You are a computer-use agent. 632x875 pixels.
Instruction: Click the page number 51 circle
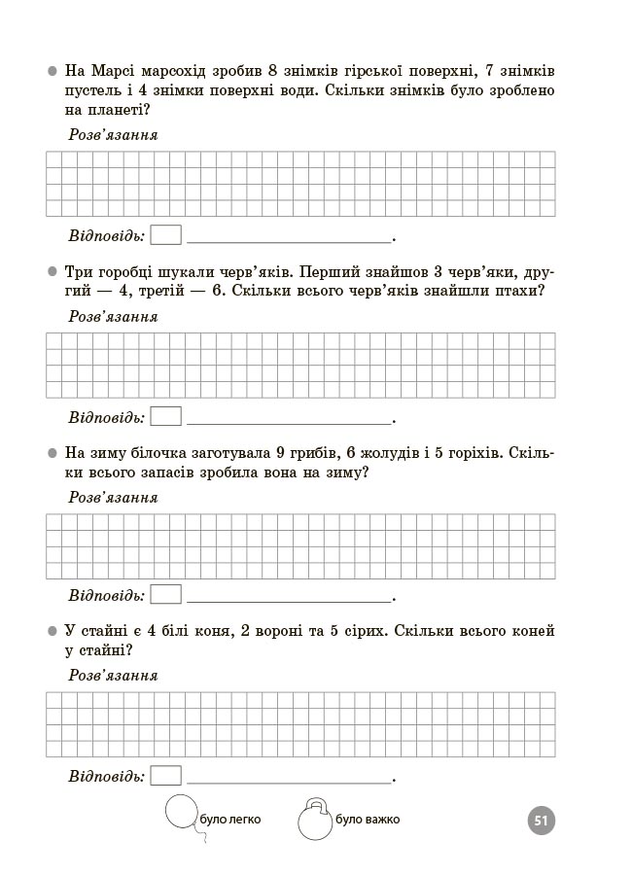pyautogui.click(x=542, y=821)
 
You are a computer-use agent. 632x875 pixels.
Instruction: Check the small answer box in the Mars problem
pyautogui.click(x=166, y=235)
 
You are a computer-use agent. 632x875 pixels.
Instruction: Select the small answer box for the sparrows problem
pyautogui.click(x=166, y=416)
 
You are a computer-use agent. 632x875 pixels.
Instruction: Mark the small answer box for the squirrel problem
pyautogui.click(x=166, y=595)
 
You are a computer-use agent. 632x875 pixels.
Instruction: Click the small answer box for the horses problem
pyautogui.click(x=166, y=775)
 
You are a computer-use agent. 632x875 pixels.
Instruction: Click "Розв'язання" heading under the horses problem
pyautogui.click(x=113, y=676)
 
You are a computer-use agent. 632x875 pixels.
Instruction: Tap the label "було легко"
pyautogui.click(x=230, y=820)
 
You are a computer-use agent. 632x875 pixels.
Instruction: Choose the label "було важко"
pyautogui.click(x=367, y=820)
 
